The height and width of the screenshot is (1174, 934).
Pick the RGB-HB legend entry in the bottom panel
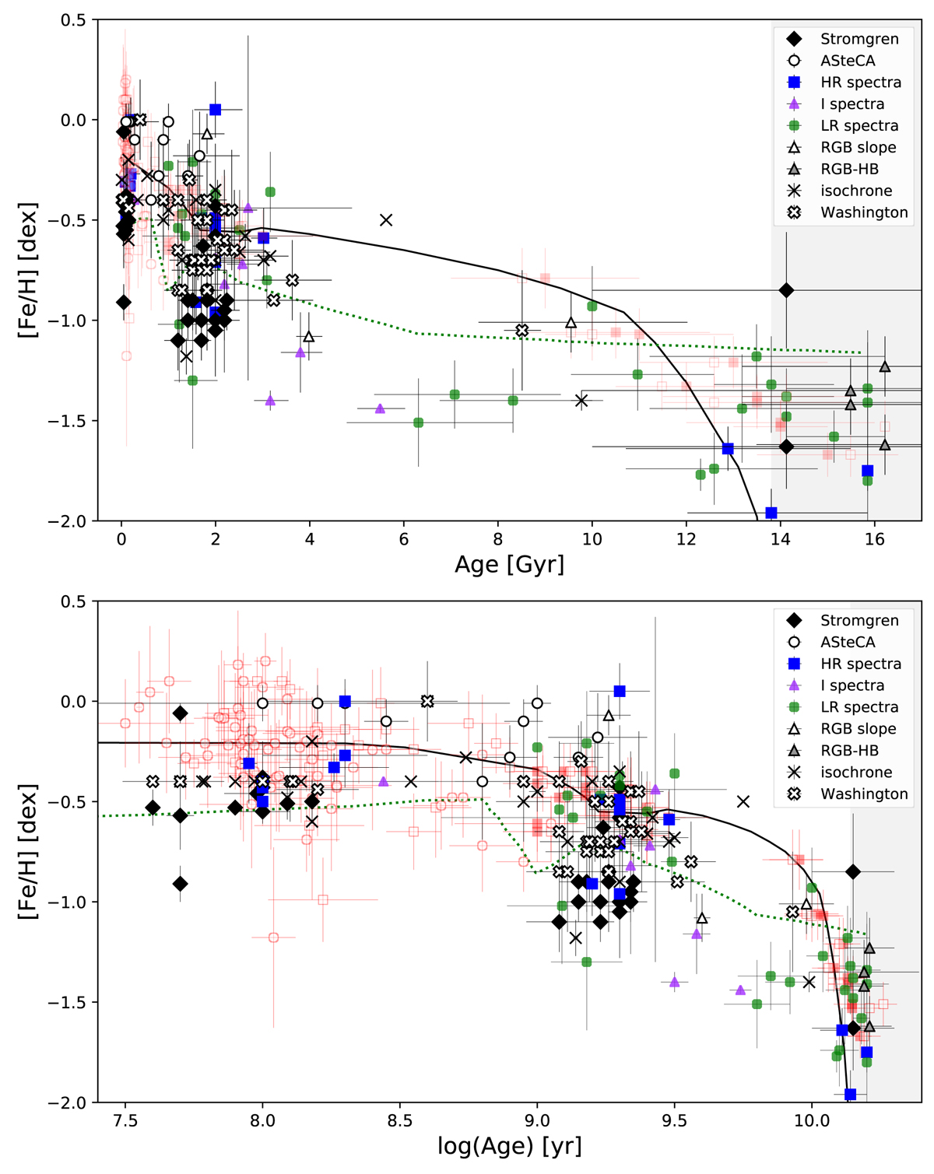click(849, 751)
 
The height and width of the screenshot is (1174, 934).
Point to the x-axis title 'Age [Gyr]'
click(509, 564)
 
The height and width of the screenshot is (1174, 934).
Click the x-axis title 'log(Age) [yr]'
click(509, 1146)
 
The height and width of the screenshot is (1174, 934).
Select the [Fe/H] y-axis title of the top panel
click(28, 270)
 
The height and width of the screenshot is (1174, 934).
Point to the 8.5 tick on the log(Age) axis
click(400, 1121)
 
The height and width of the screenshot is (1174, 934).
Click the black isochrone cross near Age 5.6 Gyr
click(386, 220)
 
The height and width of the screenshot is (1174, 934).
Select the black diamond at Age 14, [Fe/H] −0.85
click(786, 290)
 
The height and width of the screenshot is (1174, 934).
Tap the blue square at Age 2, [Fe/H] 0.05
click(216, 110)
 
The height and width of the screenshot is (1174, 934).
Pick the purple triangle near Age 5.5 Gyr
click(380, 408)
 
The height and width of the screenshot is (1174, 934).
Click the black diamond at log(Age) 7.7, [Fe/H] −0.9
click(181, 884)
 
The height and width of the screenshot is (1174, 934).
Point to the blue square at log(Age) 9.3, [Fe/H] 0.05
click(620, 691)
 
